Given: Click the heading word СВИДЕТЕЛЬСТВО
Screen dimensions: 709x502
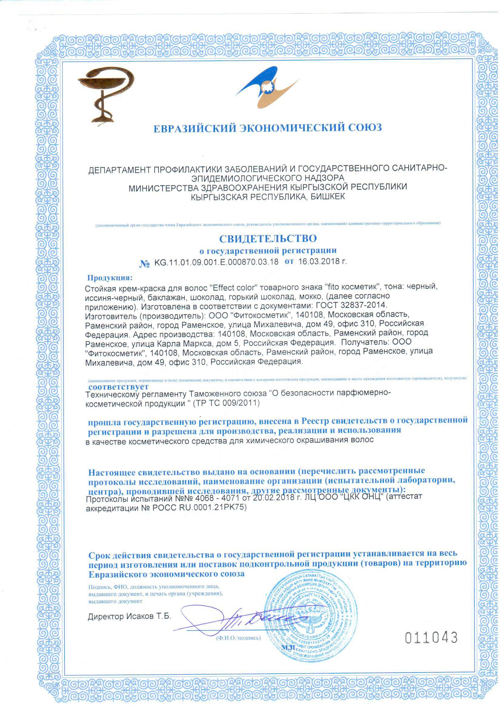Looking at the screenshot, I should pos(268,239).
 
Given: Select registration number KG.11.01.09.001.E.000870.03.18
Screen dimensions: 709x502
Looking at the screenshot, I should pos(216,262).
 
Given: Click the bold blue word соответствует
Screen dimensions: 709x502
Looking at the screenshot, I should pos(119,387).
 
